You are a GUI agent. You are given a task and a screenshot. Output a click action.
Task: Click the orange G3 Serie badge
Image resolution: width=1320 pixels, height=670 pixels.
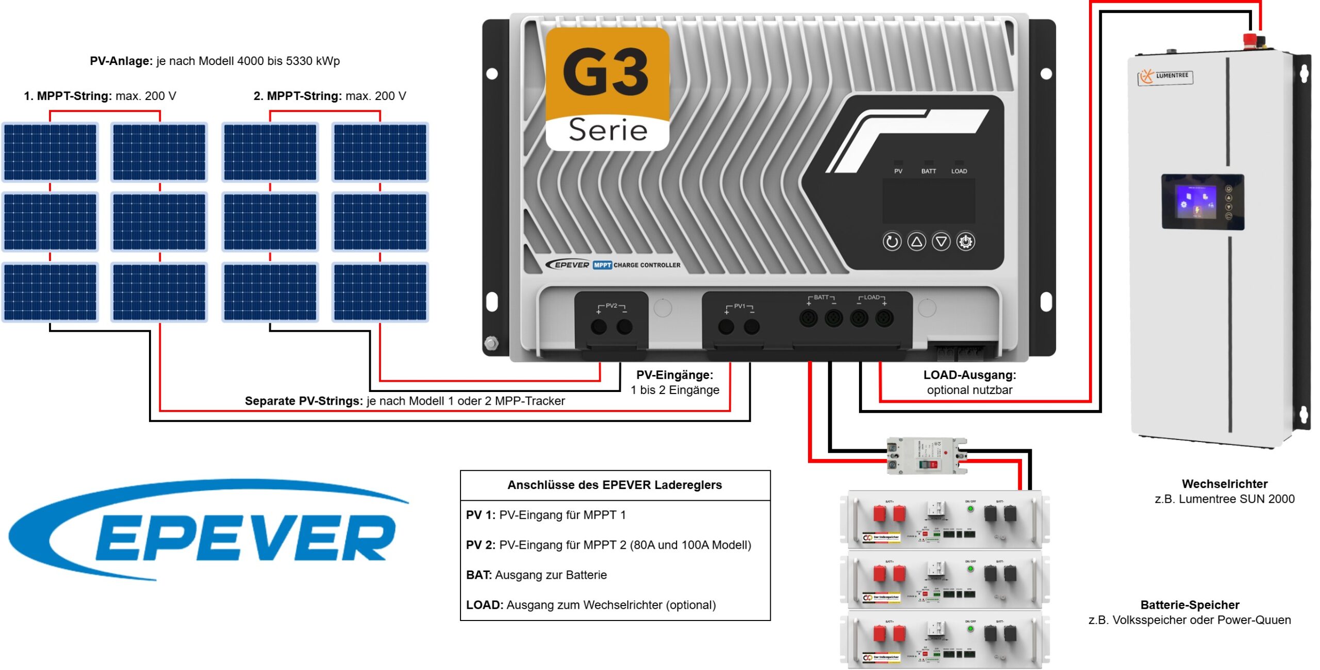click(607, 89)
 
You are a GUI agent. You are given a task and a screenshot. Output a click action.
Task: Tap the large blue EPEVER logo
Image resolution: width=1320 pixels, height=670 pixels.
click(206, 531)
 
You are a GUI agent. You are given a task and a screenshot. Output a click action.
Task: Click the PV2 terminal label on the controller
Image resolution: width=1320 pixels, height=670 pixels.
click(611, 306)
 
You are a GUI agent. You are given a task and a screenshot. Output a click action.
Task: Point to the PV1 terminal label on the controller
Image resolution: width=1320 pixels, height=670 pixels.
click(739, 306)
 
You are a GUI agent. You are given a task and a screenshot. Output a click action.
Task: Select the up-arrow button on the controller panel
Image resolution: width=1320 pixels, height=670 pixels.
click(916, 241)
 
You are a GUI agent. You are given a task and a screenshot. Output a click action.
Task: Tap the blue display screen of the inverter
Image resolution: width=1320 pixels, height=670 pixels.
click(1196, 202)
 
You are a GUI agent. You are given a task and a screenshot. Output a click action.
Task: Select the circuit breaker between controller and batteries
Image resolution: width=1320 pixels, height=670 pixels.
click(926, 455)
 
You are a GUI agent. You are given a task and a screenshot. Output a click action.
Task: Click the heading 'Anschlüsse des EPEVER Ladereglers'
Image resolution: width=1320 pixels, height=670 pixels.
click(615, 485)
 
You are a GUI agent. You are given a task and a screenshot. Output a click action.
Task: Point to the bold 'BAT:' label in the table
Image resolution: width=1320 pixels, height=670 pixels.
click(478, 575)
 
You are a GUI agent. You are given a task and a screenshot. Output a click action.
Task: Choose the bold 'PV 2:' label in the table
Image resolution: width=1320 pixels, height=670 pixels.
click(481, 545)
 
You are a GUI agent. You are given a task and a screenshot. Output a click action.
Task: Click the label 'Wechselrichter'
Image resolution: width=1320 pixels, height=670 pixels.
click(1225, 484)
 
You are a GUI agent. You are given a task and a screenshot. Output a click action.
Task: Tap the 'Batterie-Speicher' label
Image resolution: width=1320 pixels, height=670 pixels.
click(1190, 605)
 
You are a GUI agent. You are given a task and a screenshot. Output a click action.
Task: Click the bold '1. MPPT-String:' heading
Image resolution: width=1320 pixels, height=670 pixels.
click(68, 96)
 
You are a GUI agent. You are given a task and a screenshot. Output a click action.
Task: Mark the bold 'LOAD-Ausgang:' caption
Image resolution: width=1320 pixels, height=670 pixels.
click(969, 375)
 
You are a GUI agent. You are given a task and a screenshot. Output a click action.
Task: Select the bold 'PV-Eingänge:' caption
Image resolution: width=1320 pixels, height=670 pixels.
click(674, 375)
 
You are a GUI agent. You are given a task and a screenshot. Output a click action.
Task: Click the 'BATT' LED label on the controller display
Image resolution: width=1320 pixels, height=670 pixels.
click(928, 171)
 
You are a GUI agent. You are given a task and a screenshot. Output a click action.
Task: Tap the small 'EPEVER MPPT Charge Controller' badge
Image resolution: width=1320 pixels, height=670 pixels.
click(614, 265)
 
